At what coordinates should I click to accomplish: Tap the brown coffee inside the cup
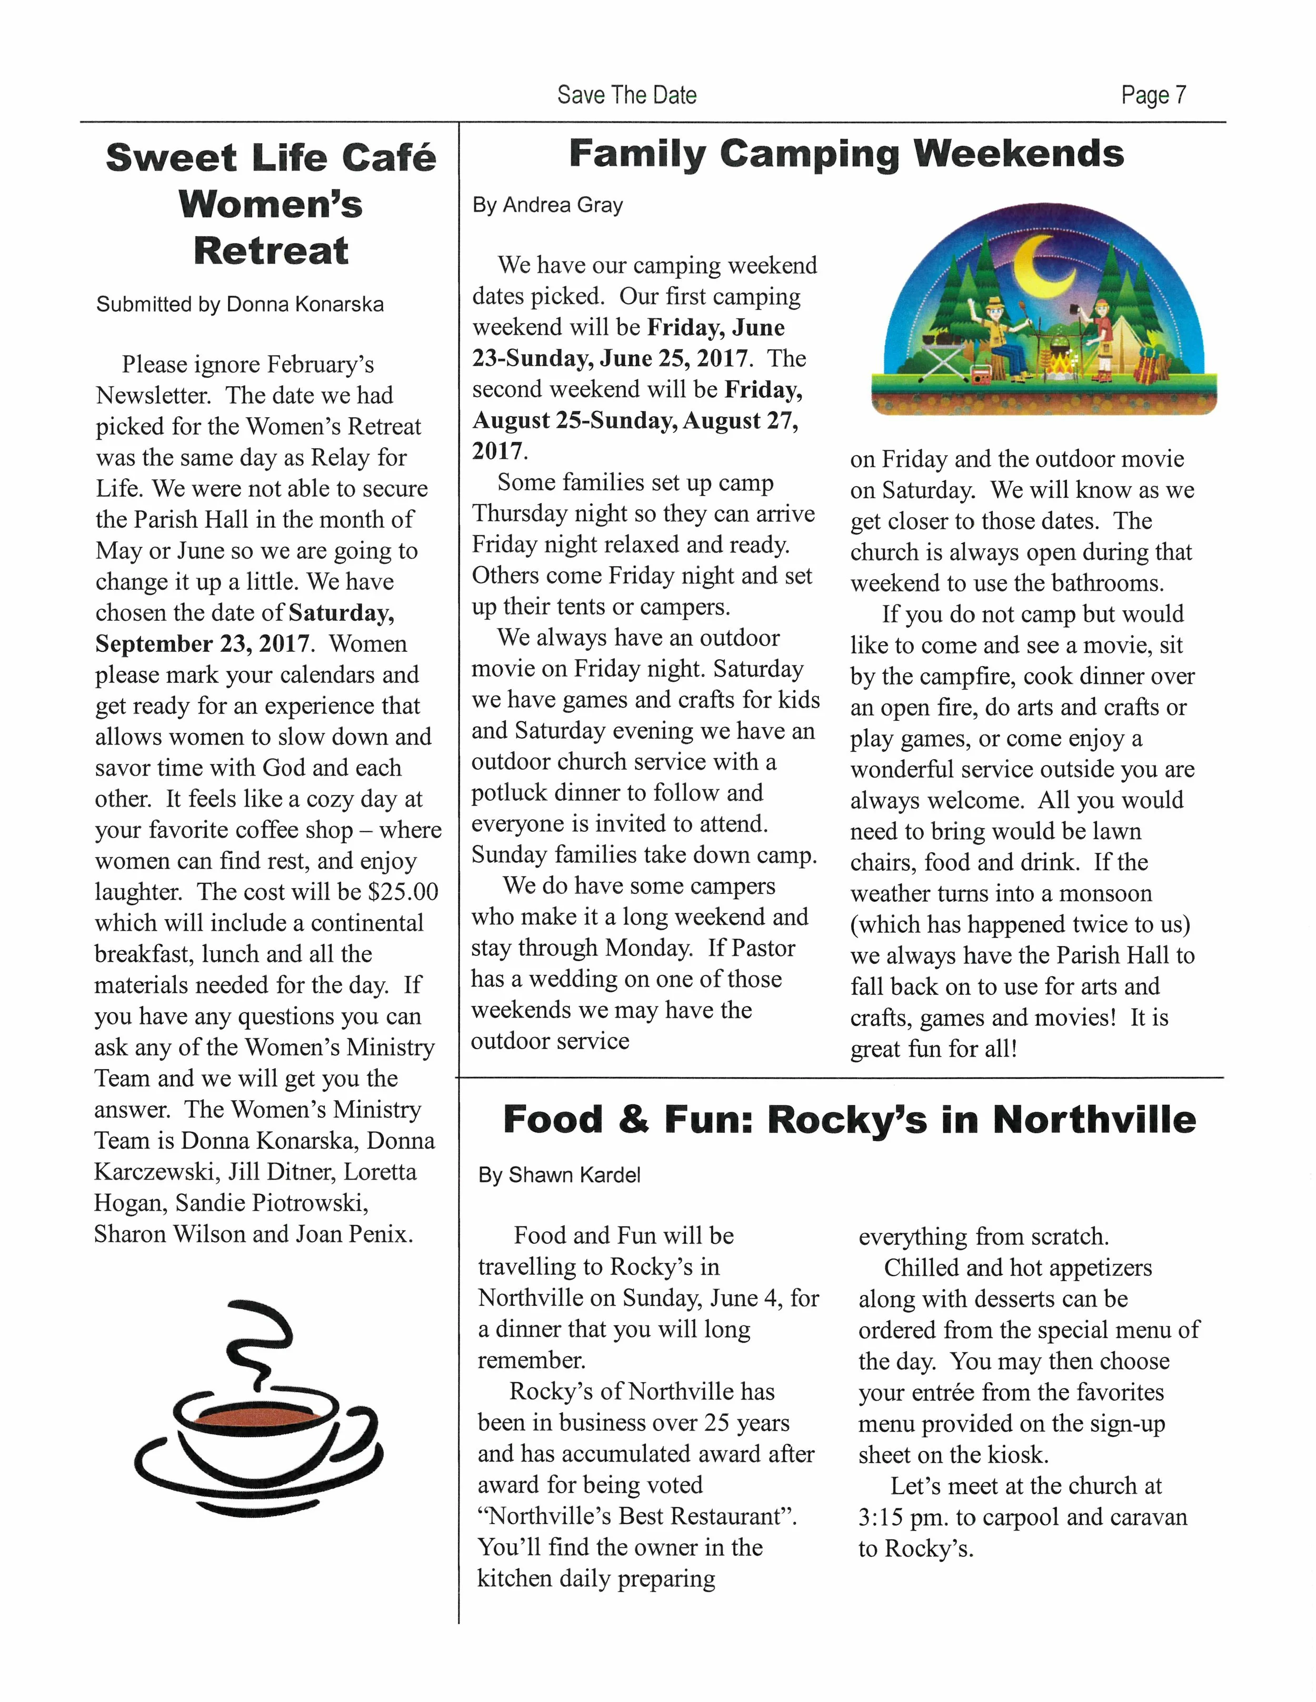pyautogui.click(x=257, y=1414)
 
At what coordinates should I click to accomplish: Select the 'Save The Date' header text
pyautogui.click(x=627, y=95)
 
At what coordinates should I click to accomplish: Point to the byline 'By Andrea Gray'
pyautogui.click(x=547, y=205)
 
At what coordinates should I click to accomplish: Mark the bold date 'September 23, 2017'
pyautogui.click(x=203, y=643)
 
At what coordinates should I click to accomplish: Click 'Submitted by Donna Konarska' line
pyautogui.click(x=240, y=304)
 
